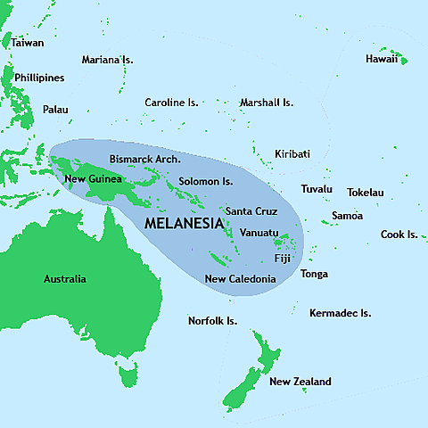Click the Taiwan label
pyautogui.click(x=28, y=42)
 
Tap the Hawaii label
pyautogui.click(x=382, y=59)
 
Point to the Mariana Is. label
pyautogui.click(x=107, y=60)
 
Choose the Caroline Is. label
pyautogui.click(x=171, y=103)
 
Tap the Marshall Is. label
pyautogui.click(x=267, y=103)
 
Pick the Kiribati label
pyautogui.click(x=292, y=154)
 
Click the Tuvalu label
pyautogui.click(x=317, y=189)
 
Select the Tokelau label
pyautogui.click(x=366, y=193)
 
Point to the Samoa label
pyautogui.click(x=347, y=216)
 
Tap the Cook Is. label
pyautogui.click(x=399, y=235)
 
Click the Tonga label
pyautogui.click(x=314, y=274)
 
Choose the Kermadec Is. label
pyautogui.click(x=340, y=313)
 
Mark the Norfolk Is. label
pyautogui.click(x=212, y=320)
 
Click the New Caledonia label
pyautogui.click(x=240, y=279)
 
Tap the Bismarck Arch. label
pyautogui.click(x=144, y=159)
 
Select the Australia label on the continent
pyautogui.click(x=65, y=279)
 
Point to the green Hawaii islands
pyautogui.click(x=400, y=61)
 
